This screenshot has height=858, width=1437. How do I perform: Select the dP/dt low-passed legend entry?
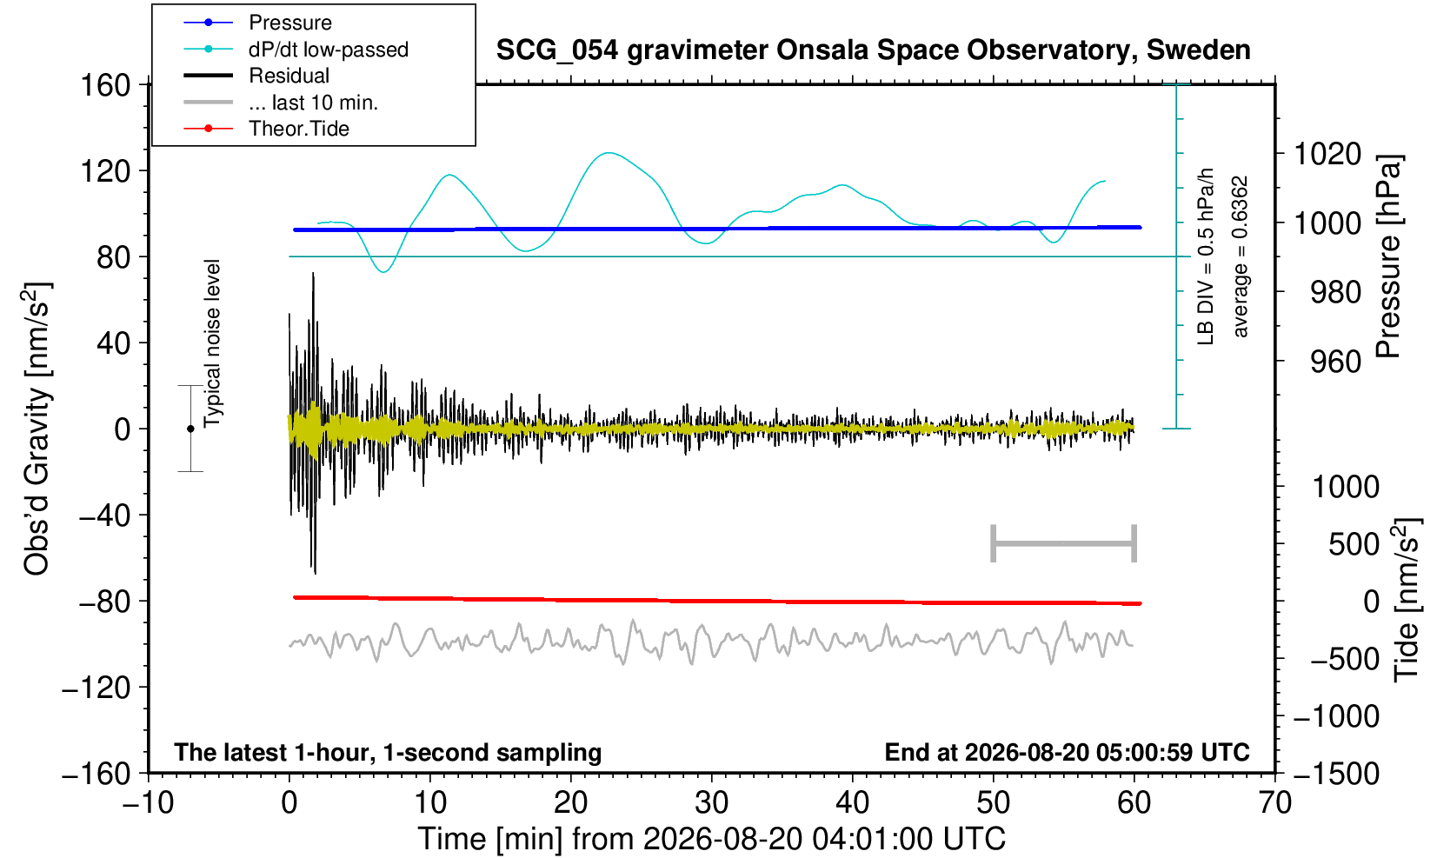coord(296,50)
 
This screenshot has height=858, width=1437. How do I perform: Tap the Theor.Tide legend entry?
coord(266,129)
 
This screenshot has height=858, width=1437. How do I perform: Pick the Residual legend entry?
coord(256,76)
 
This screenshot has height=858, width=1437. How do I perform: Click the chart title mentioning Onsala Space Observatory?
coord(873,50)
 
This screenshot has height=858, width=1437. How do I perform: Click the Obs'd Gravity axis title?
coord(37,429)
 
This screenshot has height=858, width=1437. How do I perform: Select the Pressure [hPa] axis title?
coord(1388,256)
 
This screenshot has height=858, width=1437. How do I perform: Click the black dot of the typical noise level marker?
coord(190,429)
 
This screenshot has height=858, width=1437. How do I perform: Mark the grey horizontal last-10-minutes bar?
coord(1064,543)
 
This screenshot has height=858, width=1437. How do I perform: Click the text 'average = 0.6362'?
coord(1241,256)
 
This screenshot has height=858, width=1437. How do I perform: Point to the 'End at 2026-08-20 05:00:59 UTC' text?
coord(1067,752)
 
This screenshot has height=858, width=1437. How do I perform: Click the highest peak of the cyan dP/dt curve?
coord(609,153)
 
